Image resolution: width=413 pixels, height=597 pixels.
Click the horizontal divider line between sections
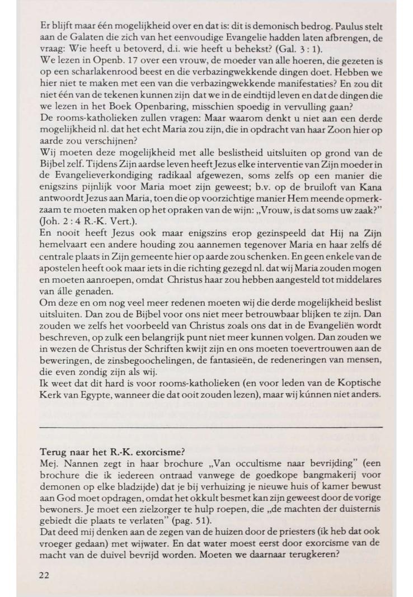pyautogui.click(x=212, y=427)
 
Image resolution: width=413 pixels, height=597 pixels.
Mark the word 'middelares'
pyautogui.click(x=362, y=293)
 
